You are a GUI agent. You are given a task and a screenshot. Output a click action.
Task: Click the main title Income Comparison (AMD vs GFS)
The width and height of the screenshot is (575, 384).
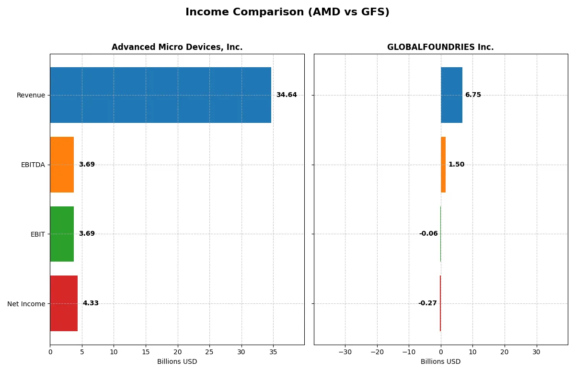(287, 12)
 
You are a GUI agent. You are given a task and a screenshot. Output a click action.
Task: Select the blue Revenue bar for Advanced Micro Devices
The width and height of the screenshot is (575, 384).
(161, 95)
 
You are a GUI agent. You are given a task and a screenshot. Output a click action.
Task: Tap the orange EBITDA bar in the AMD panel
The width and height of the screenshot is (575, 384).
(62, 165)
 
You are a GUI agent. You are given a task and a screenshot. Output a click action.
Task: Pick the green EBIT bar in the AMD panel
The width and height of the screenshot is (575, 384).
(62, 234)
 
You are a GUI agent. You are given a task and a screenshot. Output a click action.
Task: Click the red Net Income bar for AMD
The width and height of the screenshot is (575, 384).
(64, 303)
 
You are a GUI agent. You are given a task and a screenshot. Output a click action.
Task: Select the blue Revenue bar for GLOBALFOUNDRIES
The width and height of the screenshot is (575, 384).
(451, 95)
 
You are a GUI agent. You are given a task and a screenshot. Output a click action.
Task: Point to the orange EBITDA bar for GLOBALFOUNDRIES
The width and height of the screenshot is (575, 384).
(443, 165)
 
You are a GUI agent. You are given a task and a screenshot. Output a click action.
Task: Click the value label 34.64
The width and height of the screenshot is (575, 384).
(287, 95)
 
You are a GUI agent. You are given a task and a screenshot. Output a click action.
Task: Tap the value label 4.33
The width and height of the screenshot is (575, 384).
(91, 303)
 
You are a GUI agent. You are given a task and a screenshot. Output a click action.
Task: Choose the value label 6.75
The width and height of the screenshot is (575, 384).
(473, 95)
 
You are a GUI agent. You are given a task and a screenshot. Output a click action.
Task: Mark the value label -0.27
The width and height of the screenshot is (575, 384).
(427, 303)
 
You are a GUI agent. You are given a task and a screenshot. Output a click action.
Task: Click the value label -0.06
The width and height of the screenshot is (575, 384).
(428, 234)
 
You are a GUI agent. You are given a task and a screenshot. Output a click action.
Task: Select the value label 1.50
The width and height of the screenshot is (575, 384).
(456, 165)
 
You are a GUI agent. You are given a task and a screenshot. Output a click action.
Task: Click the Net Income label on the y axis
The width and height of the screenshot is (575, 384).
(26, 304)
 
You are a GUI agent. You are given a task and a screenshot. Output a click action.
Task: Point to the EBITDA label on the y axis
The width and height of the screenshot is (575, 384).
(33, 165)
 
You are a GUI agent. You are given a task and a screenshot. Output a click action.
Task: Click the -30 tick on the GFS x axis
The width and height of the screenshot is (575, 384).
(345, 352)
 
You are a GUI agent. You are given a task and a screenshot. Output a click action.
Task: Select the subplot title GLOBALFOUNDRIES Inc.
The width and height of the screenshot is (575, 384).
(440, 48)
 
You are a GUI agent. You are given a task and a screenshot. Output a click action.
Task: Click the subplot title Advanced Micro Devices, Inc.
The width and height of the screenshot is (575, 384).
(177, 48)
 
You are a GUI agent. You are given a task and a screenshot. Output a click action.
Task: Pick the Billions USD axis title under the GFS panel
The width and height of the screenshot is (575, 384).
(440, 361)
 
